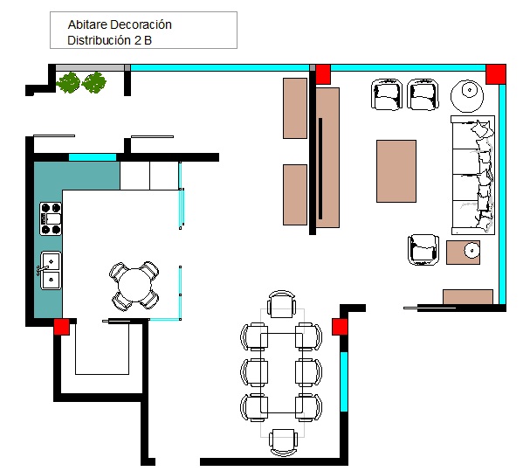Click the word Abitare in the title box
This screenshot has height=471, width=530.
point(88,24)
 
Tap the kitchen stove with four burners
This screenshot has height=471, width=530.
point(51,218)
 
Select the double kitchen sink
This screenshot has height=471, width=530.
point(51,270)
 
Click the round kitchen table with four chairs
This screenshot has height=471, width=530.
point(134,286)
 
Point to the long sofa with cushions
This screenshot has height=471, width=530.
point(473,175)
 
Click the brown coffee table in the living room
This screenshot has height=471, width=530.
point(396,171)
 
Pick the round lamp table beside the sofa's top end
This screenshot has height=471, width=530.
point(467,96)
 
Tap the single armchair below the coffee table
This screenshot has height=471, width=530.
point(423,250)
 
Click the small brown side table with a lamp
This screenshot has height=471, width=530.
point(463,253)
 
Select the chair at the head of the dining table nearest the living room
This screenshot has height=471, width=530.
point(281,304)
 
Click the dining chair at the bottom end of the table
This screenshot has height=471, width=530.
point(283,442)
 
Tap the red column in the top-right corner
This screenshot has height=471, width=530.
point(496,74)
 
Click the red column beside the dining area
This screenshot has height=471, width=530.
point(340,327)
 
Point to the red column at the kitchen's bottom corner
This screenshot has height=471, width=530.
point(62,327)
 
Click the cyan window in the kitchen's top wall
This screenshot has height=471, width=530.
point(93,157)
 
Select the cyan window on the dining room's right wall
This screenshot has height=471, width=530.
point(344,382)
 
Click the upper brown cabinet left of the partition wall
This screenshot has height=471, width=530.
point(295,108)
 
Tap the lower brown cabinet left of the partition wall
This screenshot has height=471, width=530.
point(295,195)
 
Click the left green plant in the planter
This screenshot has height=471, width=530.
point(68,82)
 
